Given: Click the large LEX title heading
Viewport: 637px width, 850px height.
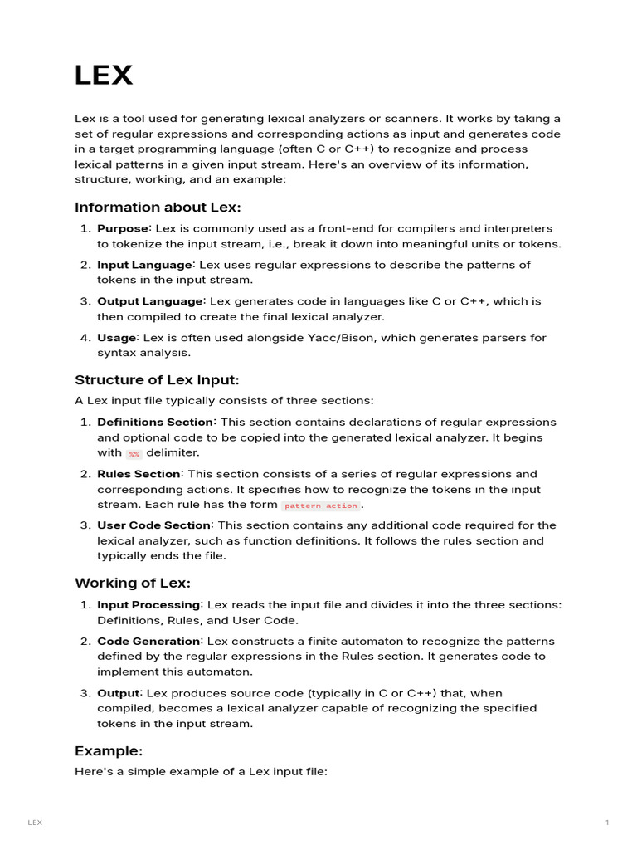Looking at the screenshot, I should click(104, 76).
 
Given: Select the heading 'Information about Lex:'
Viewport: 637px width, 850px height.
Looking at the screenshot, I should click(158, 207).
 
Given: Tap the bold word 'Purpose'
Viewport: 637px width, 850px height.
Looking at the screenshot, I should click(123, 228).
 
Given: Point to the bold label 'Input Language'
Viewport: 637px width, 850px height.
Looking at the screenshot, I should click(144, 265).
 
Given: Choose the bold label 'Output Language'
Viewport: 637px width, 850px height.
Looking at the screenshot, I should click(150, 301).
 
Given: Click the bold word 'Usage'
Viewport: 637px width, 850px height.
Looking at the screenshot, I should click(116, 338).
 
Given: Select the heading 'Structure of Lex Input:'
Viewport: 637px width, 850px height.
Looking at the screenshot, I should click(157, 380).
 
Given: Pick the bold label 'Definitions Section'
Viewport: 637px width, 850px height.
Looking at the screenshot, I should click(155, 422).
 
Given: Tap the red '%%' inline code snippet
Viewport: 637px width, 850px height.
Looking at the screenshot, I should click(134, 454).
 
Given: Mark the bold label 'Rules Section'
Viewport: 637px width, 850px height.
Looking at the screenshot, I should click(138, 474).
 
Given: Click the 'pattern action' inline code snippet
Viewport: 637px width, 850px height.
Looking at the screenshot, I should click(321, 506).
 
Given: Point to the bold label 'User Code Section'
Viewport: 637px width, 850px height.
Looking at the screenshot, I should click(153, 525).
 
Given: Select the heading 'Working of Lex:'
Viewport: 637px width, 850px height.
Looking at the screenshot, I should click(133, 583).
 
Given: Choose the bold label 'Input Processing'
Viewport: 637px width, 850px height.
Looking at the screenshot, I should click(148, 605).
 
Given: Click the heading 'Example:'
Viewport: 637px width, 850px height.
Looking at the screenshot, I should click(109, 750).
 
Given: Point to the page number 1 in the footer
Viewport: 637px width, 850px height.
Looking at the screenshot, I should click(607, 823).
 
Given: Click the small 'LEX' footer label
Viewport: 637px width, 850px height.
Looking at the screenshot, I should click(35, 823).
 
